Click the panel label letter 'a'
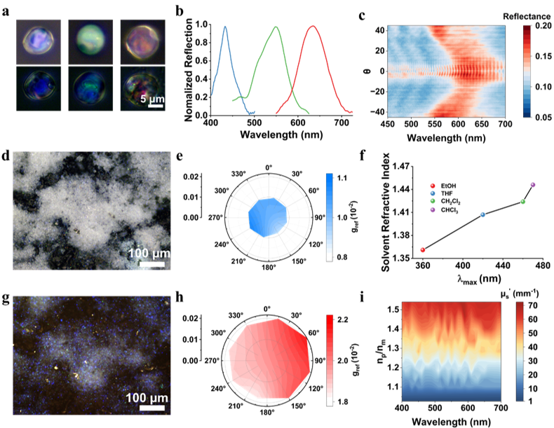[6, 10]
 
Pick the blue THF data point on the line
[482, 214]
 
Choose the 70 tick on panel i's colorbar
[534, 306]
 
